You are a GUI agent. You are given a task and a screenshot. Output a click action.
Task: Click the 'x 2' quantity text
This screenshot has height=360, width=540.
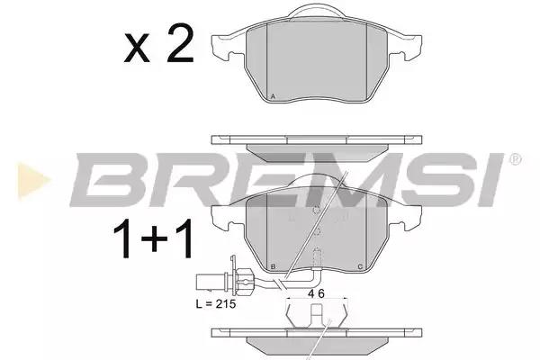[x=158, y=44]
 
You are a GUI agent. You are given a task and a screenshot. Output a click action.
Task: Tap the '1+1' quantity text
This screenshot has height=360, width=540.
[x=153, y=238]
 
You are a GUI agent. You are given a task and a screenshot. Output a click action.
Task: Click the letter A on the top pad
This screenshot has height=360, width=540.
[x=273, y=96]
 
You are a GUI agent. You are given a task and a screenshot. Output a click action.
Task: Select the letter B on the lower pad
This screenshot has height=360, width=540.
[x=273, y=266]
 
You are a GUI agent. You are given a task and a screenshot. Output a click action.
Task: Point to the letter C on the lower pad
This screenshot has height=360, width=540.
[x=360, y=266]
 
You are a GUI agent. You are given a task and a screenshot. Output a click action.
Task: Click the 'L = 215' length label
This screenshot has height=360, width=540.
[x=216, y=304]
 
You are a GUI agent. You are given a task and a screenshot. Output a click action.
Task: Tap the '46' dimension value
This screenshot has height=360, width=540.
[x=316, y=293]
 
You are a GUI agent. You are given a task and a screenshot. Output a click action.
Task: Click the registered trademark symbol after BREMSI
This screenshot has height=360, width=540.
[x=515, y=159]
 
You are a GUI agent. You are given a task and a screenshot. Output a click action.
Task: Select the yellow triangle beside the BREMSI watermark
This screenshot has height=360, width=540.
[x=33, y=180]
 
